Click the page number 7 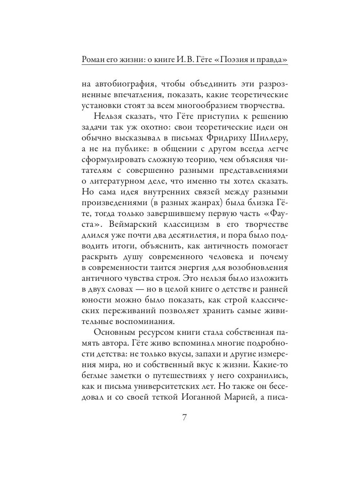pyautogui.click(x=184, y=418)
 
